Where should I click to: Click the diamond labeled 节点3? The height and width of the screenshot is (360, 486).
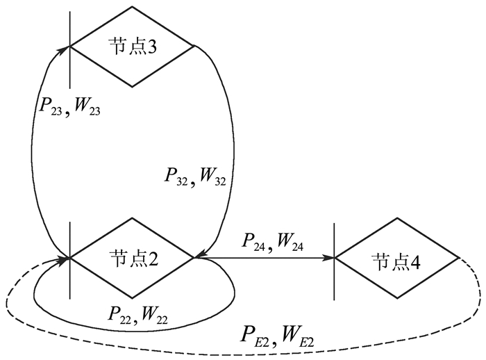pos(132,47)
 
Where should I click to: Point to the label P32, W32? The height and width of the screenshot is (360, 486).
pos(194,176)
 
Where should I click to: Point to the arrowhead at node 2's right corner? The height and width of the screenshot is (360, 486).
pos(201,257)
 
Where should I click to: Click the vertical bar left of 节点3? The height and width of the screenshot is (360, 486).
pos(71,42)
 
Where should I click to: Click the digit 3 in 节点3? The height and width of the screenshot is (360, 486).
pos(151,47)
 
